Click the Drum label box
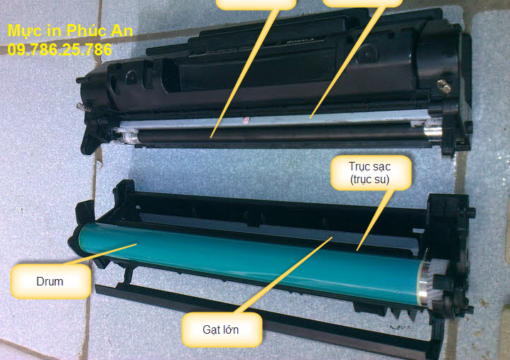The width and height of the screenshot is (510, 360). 50,281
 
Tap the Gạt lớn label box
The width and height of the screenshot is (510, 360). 222,329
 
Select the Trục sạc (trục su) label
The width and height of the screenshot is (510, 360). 371,173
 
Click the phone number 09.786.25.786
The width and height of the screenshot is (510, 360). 60,50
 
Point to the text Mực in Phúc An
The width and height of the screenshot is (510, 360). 70,31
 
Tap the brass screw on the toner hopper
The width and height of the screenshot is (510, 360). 444,86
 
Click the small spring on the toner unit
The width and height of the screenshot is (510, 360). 84,107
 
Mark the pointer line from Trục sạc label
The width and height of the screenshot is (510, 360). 375,221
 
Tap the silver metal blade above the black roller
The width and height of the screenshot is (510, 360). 273,121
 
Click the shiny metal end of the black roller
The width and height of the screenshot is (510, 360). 433,133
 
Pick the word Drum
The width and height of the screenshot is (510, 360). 50,281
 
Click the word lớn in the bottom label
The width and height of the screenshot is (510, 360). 229,329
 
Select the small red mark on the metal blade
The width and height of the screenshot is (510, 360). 246,120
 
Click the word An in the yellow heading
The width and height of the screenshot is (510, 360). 122,31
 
